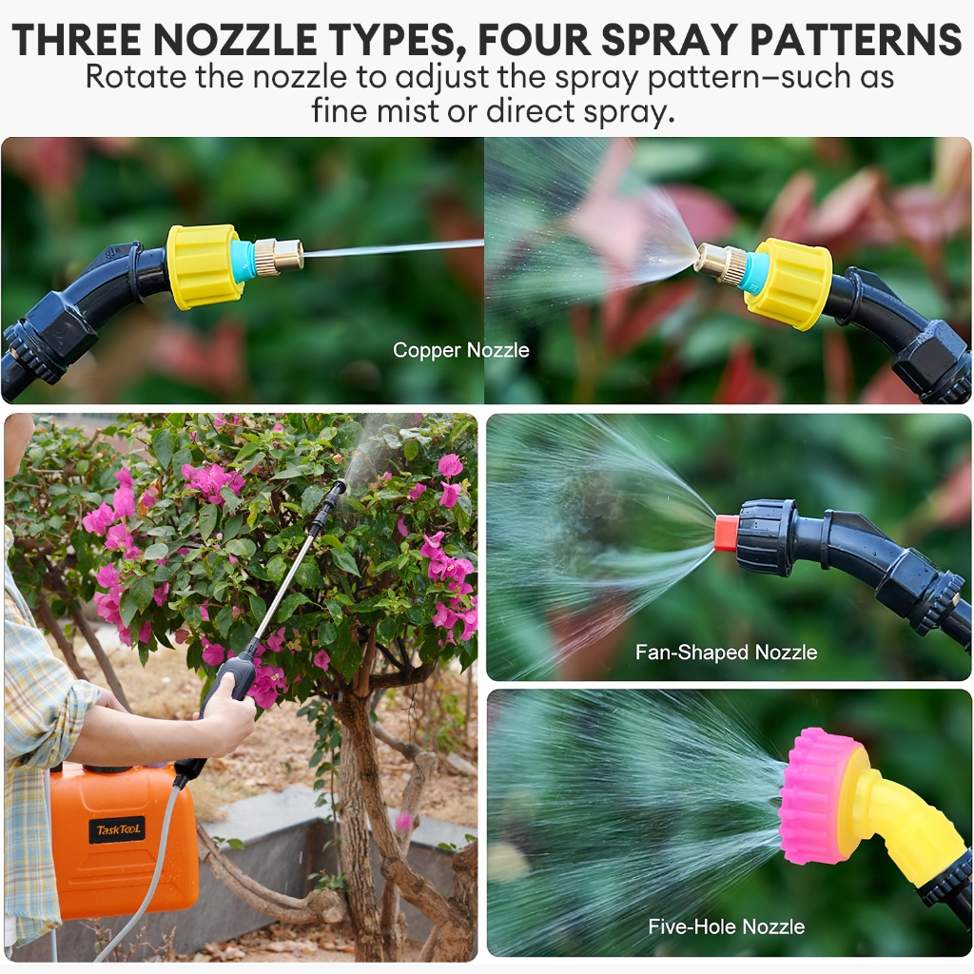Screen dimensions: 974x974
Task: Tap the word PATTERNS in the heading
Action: pos(856,40)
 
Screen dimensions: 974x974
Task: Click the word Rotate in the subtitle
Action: pos(135,77)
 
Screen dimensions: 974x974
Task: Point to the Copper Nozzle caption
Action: pos(461,350)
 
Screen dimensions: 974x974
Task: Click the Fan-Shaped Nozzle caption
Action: pos(726,653)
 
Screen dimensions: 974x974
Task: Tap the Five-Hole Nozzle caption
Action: pos(726,926)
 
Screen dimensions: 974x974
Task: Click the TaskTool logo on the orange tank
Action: pos(117,829)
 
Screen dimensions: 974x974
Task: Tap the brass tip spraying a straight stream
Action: pos(279,255)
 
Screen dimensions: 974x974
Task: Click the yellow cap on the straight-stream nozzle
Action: pos(204,266)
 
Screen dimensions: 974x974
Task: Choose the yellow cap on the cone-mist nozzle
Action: pos(788,283)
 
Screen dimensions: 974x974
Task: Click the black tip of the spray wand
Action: pos(340,486)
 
